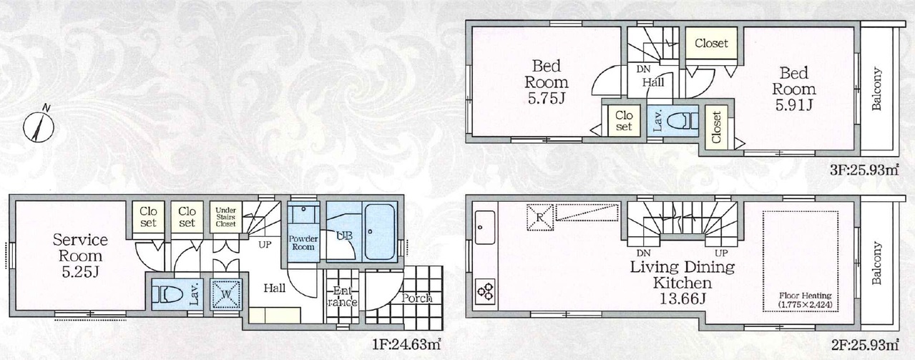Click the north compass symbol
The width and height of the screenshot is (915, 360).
point(39,126)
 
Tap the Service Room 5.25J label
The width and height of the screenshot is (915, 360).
point(80,256)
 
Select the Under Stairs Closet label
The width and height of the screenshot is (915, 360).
point(226,218)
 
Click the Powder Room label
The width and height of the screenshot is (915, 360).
point(303,243)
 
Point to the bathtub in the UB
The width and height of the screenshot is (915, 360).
point(379,231)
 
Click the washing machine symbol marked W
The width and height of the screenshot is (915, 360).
point(226,294)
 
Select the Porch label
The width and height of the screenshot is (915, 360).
point(416,298)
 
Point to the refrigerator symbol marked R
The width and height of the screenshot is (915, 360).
point(539,218)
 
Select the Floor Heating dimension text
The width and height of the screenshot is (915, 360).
point(805,300)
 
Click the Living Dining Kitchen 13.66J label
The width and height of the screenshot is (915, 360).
point(682,283)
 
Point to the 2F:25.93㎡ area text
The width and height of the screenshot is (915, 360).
point(863,344)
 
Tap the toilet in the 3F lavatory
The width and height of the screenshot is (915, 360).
point(682,122)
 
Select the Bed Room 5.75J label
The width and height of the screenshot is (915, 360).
point(547,82)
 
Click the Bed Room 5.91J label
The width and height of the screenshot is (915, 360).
point(793,89)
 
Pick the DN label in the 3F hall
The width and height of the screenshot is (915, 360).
point(643,69)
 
